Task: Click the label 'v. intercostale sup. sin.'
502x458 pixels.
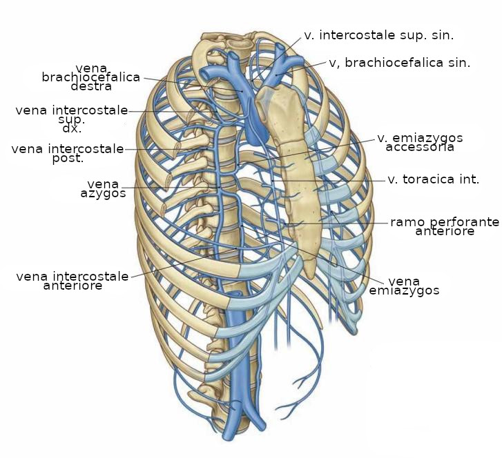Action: (x=379, y=35)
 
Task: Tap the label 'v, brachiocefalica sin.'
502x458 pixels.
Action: (x=400, y=63)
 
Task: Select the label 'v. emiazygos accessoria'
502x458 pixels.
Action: (x=420, y=142)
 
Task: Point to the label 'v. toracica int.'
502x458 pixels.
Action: (x=433, y=179)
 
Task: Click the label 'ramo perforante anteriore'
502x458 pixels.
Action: (x=445, y=226)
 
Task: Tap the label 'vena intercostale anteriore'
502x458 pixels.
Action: (x=73, y=281)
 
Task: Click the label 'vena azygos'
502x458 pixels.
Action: (x=103, y=188)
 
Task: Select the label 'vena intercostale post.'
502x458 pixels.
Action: (x=68, y=153)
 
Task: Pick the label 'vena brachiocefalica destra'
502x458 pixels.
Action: (x=91, y=77)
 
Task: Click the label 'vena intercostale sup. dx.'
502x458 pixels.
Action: (x=72, y=119)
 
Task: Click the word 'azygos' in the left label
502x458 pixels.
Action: (x=103, y=194)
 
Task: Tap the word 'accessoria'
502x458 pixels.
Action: (x=420, y=147)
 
